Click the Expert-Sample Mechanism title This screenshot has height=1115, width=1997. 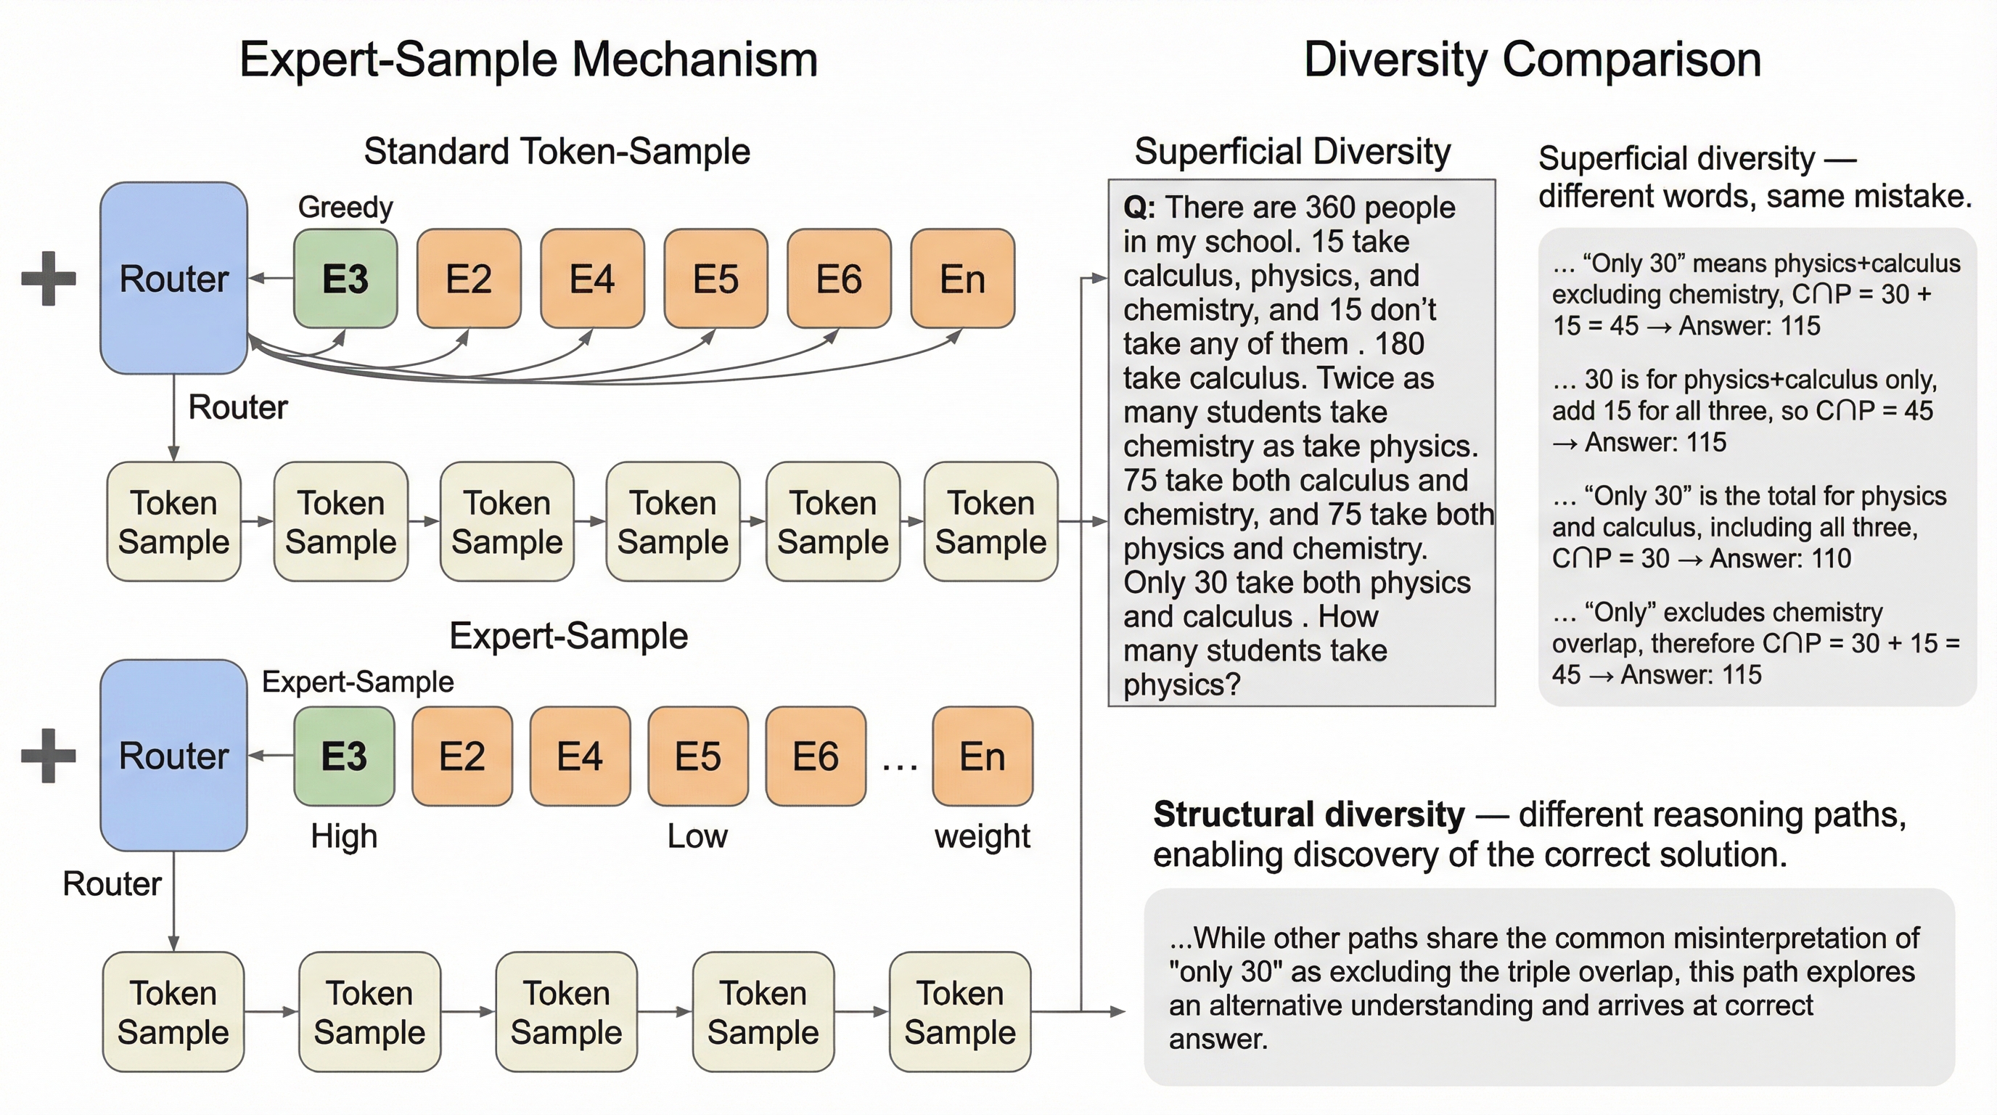tap(528, 60)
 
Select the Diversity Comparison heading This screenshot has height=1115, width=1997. tap(1532, 60)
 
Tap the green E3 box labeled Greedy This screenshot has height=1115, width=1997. tap(345, 278)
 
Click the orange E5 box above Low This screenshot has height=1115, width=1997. tap(697, 756)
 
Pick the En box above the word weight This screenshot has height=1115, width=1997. tap(983, 756)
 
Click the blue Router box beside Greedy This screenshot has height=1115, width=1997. tap(173, 278)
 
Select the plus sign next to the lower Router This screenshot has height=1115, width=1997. tap(48, 755)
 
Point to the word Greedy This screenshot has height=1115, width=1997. tap(345, 207)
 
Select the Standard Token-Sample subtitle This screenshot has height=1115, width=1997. tap(557, 151)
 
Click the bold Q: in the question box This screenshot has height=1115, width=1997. tap(1139, 208)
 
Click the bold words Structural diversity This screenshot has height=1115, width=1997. tap(1308, 815)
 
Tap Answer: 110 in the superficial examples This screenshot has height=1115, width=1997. tap(1780, 558)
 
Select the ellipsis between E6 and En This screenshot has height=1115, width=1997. tap(899, 764)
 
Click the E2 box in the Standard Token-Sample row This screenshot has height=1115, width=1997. tap(468, 278)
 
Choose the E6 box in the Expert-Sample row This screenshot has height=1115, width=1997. tap(816, 756)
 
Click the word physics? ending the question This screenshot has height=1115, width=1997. tap(1181, 685)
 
